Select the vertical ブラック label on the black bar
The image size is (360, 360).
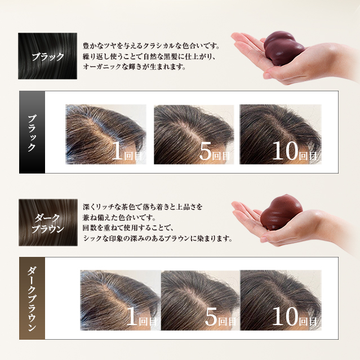tap(32, 132)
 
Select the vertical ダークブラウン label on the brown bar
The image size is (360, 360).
tap(32, 299)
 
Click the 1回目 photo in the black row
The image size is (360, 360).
tap(105, 134)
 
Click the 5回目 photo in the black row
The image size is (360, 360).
tap(193, 134)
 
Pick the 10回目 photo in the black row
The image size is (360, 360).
tap(281, 134)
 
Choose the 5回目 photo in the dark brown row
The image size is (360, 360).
tap(201, 299)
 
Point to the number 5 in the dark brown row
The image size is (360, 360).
tap(211, 317)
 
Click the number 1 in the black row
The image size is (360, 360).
tap(118, 151)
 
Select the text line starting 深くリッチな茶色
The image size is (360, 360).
tap(142, 207)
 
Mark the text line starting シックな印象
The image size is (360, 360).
tap(157, 238)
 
